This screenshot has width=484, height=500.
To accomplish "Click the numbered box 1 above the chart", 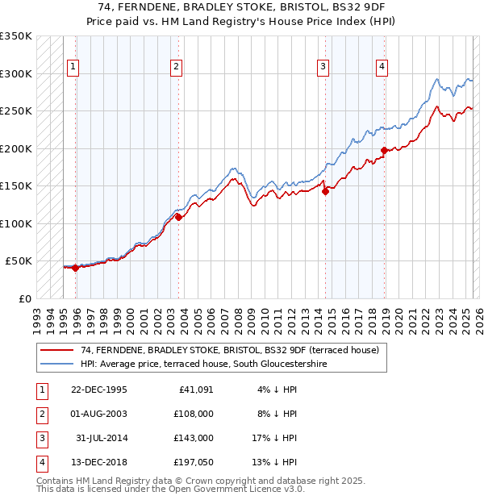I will pyautogui.click(x=73, y=67).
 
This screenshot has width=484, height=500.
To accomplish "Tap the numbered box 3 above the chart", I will pyautogui.click(x=323, y=67).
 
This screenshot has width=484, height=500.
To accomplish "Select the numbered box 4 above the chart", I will pyautogui.click(x=381, y=67).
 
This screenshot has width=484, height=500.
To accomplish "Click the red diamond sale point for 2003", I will pyautogui.click(x=178, y=217).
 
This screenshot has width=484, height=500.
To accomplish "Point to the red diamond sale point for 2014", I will pyautogui.click(x=325, y=191).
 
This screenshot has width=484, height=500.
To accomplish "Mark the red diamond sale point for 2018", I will pyautogui.click(x=384, y=150).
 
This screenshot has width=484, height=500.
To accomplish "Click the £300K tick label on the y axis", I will pyautogui.click(x=16, y=73).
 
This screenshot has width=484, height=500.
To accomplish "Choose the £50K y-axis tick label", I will pyautogui.click(x=19, y=261).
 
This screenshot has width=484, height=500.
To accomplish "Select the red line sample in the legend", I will pyautogui.click(x=57, y=349).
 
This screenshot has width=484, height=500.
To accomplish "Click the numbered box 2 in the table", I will pyautogui.click(x=40, y=414).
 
